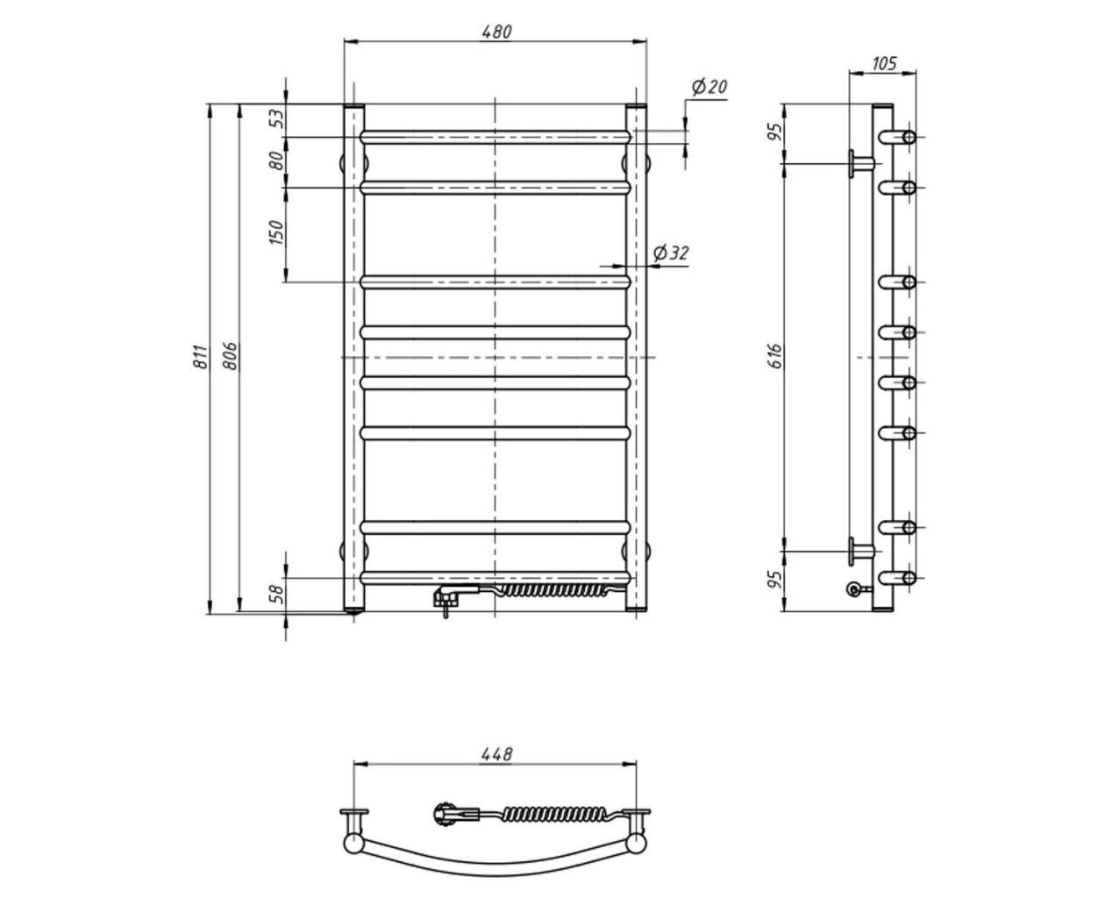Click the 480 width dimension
tap(496, 32)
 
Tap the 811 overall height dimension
tap(201, 356)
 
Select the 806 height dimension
tap(230, 356)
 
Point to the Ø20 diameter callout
tap(709, 87)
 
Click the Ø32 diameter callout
tap(671, 253)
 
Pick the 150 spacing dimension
tap(277, 232)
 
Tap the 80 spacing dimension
tap(277, 160)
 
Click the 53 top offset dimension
tap(277, 118)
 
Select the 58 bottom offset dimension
tap(277, 594)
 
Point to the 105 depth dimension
tap(884, 64)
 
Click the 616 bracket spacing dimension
tap(776, 356)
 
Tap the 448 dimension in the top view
tap(496, 754)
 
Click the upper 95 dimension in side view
tap(776, 132)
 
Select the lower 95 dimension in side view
tap(776, 580)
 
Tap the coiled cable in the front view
tap(551, 590)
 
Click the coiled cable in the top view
tap(555, 814)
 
